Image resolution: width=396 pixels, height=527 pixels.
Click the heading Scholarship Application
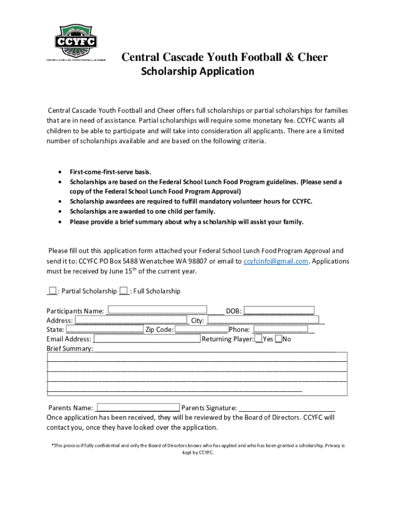(x=197, y=72)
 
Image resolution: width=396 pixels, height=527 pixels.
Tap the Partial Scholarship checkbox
(x=52, y=291)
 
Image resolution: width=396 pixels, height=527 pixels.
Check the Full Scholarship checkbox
(x=123, y=291)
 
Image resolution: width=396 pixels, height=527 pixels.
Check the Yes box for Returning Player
(x=259, y=339)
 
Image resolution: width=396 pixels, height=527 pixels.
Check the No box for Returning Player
(x=278, y=339)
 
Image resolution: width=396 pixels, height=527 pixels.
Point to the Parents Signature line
(x=286, y=407)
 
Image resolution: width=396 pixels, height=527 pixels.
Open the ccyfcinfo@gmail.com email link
(x=276, y=261)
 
